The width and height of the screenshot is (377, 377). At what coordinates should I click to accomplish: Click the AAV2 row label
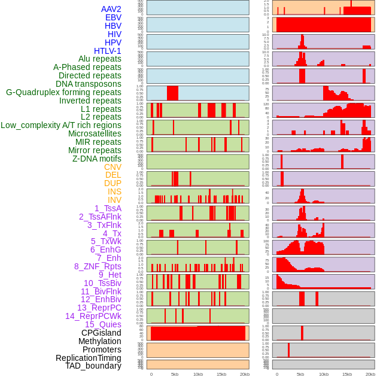(x=111, y=9)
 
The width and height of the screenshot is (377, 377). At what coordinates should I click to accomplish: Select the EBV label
(x=113, y=17)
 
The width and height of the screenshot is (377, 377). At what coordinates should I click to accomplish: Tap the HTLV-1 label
(x=108, y=51)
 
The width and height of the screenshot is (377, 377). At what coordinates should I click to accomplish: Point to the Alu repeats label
(x=100, y=59)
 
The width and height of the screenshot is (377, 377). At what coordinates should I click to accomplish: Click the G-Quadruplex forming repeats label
(x=63, y=92)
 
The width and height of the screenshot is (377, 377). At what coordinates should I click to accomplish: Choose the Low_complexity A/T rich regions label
(x=61, y=125)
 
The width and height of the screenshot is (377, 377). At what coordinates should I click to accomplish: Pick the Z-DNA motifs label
(x=97, y=159)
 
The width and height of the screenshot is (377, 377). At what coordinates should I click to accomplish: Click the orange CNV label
(x=113, y=167)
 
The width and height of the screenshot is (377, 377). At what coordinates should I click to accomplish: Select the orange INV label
(x=114, y=200)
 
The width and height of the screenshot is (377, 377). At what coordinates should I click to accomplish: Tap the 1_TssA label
(x=108, y=208)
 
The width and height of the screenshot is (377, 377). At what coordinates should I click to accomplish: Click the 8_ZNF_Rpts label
(x=98, y=266)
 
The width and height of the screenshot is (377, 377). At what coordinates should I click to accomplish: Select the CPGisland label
(x=101, y=333)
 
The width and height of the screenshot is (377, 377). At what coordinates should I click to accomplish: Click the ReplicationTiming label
(x=88, y=358)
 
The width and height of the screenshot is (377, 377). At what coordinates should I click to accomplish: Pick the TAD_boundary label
(x=93, y=366)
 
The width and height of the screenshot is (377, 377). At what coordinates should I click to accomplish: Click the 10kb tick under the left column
(x=198, y=374)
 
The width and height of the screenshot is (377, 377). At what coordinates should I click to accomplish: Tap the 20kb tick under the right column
(x=370, y=374)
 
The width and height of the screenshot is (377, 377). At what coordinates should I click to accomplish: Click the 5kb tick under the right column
(x=300, y=374)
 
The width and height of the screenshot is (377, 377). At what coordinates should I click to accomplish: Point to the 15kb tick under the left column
(x=221, y=374)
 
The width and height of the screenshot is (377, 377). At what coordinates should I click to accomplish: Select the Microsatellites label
(x=95, y=133)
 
